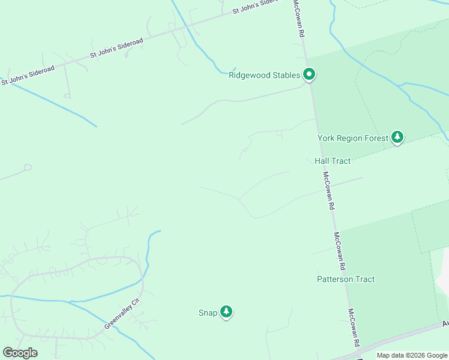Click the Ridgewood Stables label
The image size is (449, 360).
[264, 76]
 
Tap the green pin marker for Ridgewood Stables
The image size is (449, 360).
[309, 75]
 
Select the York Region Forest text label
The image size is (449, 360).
[352, 138]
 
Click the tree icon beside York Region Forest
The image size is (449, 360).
[397, 137]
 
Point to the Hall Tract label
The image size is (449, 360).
[332, 161]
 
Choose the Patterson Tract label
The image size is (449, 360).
[346, 279]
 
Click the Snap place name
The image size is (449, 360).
[208, 313]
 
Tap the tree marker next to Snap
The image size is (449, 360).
[226, 312]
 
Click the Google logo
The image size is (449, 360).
[20, 352]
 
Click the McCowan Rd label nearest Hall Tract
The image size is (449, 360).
[328, 190]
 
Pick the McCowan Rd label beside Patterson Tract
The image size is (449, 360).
[340, 251]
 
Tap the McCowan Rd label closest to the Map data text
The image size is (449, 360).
[354, 328]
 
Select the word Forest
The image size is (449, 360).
[375, 138]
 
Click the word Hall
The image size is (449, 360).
[321, 161]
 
